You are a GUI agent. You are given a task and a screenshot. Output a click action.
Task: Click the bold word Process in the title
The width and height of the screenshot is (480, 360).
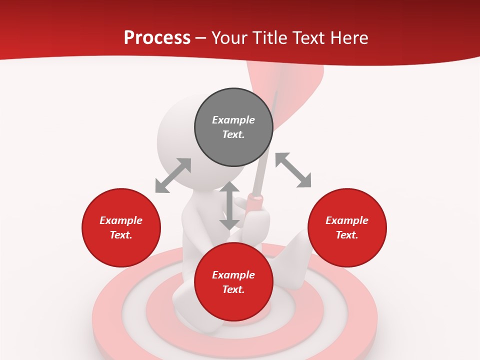pos(157,38)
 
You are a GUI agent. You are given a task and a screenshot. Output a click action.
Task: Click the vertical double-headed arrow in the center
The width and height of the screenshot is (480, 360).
pos(229,205)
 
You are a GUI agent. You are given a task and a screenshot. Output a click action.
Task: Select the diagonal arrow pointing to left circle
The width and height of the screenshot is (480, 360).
pos(173,175)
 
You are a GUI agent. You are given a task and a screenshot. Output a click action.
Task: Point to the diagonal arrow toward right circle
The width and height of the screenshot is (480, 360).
pos(293,170)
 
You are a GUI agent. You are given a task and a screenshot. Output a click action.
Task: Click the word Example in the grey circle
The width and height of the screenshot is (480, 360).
pos(233,120)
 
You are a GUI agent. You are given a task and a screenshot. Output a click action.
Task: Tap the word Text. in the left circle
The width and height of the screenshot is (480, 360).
pos(121,235)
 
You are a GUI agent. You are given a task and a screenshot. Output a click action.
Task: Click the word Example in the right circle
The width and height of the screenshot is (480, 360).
pos(347,220)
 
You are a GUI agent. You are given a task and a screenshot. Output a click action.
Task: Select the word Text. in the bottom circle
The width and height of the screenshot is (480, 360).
pos(233,289)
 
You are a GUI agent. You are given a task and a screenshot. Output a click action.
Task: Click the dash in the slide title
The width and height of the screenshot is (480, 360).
pos(201,38)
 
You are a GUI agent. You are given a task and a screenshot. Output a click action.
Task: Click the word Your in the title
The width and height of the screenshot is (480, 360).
pos(230,38)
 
